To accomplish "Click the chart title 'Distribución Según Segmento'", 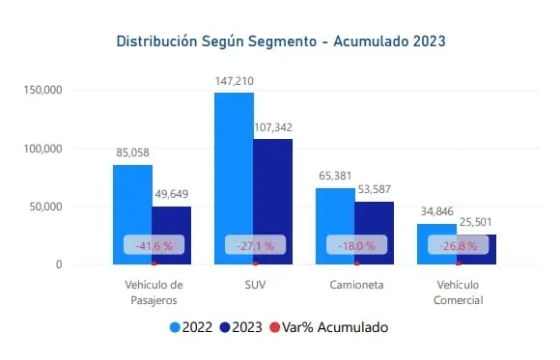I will (280, 42).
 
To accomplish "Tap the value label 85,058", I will (132, 152).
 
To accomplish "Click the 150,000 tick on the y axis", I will (42, 91).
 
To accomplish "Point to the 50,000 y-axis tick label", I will (44, 207).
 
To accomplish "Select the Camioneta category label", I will (356, 286).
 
